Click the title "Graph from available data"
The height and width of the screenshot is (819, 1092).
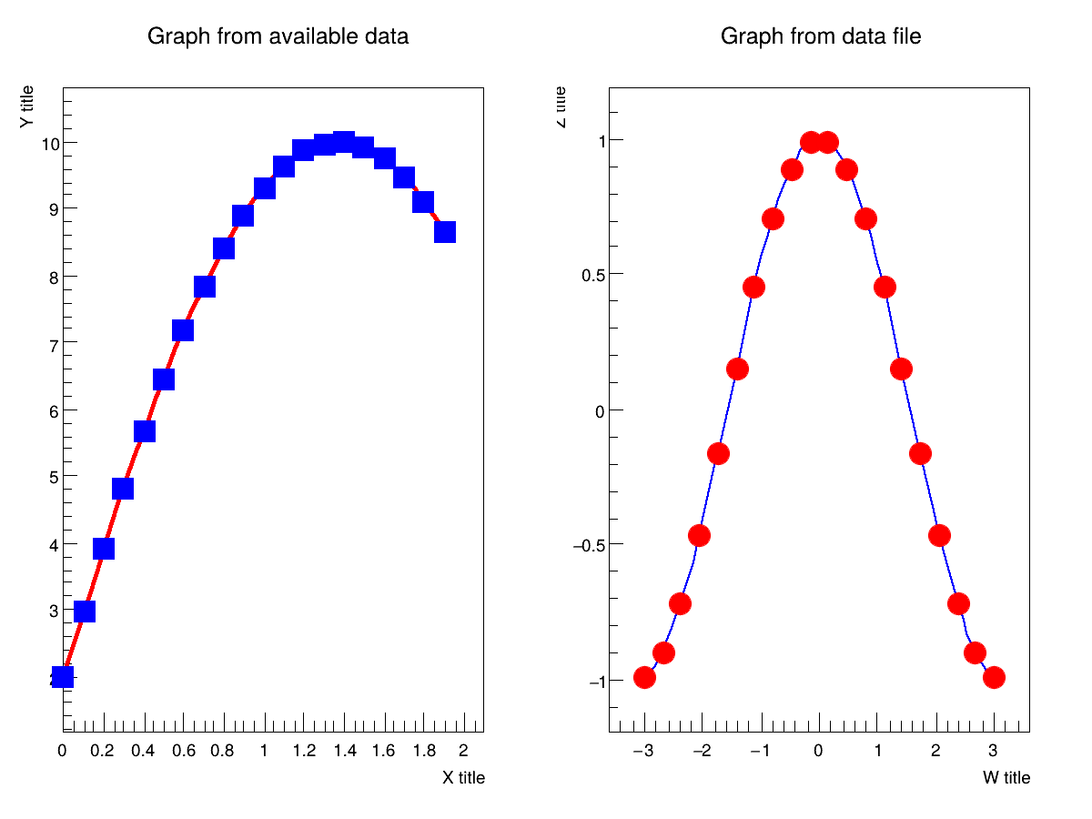[x=278, y=36]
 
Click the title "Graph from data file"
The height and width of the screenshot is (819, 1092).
[x=821, y=36]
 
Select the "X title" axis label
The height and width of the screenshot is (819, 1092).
[x=463, y=778]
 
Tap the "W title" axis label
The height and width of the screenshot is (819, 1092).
[x=1006, y=778]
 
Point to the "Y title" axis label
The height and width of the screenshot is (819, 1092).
[x=28, y=106]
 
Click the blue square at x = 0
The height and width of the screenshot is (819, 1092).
[x=63, y=676]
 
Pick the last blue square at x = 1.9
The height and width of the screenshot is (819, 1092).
[x=445, y=232]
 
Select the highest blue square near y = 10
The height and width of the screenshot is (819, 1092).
[x=344, y=141]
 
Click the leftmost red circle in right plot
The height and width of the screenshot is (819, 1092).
[x=645, y=677]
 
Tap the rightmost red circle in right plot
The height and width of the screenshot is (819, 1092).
[x=994, y=677]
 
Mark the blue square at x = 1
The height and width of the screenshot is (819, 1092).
[x=265, y=188]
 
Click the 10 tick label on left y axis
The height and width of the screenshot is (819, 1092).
[x=50, y=144]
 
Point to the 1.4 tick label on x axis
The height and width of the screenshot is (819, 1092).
[x=343, y=751]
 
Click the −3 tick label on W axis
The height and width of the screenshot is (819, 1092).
[x=642, y=752]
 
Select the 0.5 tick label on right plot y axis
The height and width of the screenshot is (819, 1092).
[x=593, y=275]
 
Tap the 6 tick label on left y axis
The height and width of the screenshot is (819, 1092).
[x=55, y=411]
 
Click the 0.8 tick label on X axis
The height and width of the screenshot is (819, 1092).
[x=223, y=751]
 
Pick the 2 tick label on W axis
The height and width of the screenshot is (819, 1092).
[x=935, y=752]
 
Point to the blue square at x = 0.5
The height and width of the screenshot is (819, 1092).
[x=164, y=379]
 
